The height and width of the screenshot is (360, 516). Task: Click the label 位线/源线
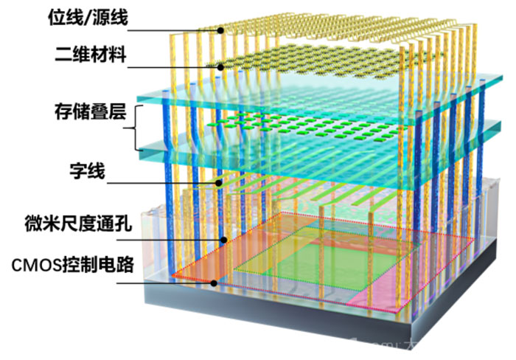click(88, 18)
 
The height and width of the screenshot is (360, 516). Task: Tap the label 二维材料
click(91, 55)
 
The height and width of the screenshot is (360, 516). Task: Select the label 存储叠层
click(91, 111)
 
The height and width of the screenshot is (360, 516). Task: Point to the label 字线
click(87, 171)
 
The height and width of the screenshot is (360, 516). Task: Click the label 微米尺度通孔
click(78, 224)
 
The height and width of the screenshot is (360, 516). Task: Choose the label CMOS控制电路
click(73, 265)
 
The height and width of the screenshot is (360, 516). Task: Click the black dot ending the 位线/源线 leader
click(220, 31)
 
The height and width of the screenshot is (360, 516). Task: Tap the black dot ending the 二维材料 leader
click(220, 68)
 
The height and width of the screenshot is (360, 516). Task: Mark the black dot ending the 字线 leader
click(219, 183)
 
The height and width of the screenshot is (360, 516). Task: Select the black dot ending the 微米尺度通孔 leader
click(224, 240)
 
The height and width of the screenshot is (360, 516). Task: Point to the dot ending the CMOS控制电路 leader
click(214, 283)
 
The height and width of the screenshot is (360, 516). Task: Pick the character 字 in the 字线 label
click(78, 171)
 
